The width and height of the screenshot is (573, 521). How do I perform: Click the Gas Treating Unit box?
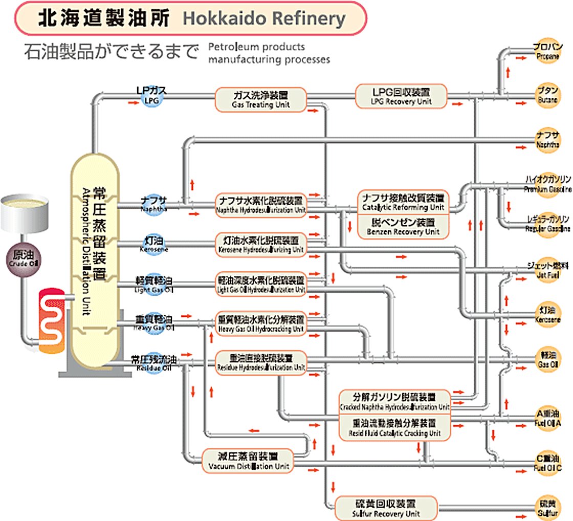coord(261,99)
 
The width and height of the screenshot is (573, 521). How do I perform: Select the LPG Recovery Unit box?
coord(401,96)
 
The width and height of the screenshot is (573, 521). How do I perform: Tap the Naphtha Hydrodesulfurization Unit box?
coord(261,204)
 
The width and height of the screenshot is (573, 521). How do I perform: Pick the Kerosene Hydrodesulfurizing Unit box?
coord(261,245)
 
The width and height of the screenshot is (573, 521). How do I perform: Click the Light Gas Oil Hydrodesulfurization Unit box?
coord(261,285)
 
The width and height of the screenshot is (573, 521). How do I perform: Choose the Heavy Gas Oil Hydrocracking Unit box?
coord(261,324)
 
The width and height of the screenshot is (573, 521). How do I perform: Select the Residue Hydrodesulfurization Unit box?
coord(261,362)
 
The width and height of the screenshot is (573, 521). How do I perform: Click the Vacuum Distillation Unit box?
coord(249,461)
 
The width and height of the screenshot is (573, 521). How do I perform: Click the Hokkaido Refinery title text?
coord(264,18)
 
